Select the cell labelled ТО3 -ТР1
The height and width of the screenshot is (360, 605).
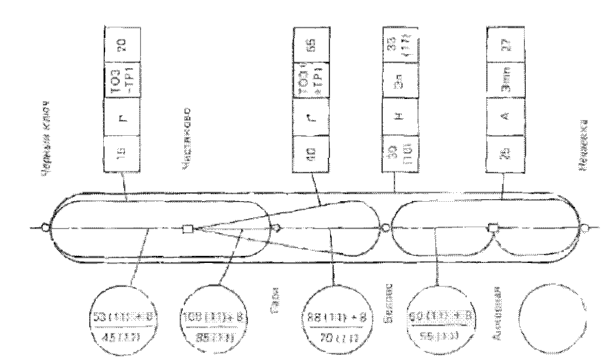pyautogui.click(x=122, y=79)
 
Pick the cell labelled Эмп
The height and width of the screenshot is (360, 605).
pyautogui.click(x=505, y=79)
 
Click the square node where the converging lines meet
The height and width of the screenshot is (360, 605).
pyautogui.click(x=188, y=229)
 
